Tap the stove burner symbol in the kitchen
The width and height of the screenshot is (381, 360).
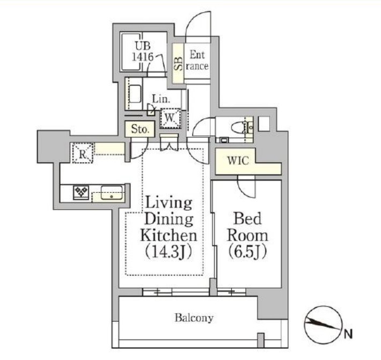point(82,192)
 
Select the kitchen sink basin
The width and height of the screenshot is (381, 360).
point(112,192)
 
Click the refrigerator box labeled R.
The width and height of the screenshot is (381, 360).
point(83,153)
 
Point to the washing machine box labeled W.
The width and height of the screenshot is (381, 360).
point(170,118)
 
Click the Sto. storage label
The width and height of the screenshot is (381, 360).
point(140,129)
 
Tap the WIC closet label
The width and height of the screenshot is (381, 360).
point(238,161)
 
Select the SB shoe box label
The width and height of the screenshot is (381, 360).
point(179,63)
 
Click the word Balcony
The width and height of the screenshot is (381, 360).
point(194,318)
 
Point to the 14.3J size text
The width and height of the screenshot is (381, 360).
point(168,252)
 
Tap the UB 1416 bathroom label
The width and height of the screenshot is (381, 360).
point(143,52)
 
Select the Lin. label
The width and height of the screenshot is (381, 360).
point(161,99)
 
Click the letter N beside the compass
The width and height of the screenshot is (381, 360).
point(348,334)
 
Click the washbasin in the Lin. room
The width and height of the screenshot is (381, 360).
point(135,94)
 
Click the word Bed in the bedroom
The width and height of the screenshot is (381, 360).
point(247,219)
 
